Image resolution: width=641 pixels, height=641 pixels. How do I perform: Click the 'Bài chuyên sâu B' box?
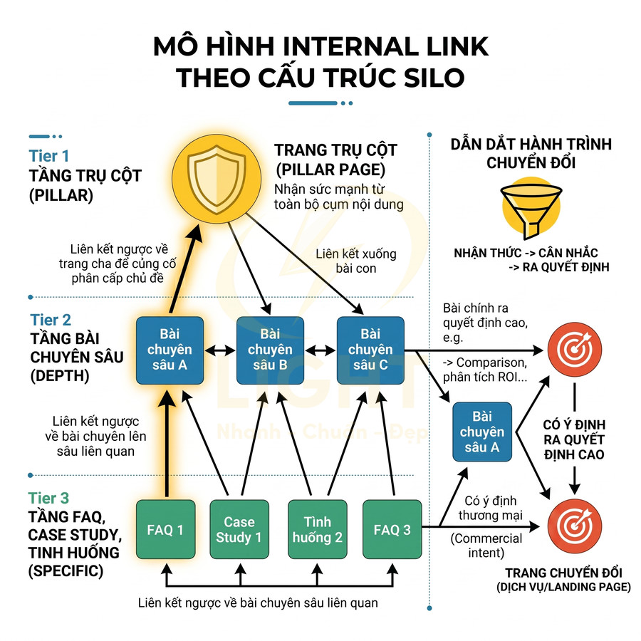pyautogui.click(x=271, y=350)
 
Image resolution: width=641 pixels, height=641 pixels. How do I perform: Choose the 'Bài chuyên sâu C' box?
pyautogui.click(x=370, y=350)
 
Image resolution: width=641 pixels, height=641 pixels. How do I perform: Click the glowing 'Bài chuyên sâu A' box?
pyautogui.click(x=170, y=350)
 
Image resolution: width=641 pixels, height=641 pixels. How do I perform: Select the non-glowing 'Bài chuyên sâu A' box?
pyautogui.click(x=482, y=432)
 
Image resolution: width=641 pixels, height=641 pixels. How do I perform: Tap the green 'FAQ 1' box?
pyautogui.click(x=165, y=529)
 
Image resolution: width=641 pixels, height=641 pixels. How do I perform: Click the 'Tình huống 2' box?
pyautogui.click(x=317, y=529)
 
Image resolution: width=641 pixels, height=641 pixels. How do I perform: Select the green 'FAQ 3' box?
pyautogui.click(x=392, y=529)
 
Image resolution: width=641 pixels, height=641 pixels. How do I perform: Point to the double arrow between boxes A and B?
pyautogui.click(x=220, y=350)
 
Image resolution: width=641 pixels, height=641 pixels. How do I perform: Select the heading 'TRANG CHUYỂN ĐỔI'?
pyautogui.click(x=563, y=573)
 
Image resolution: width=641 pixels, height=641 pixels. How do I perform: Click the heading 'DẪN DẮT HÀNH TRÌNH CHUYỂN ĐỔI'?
pyautogui.click(x=531, y=153)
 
